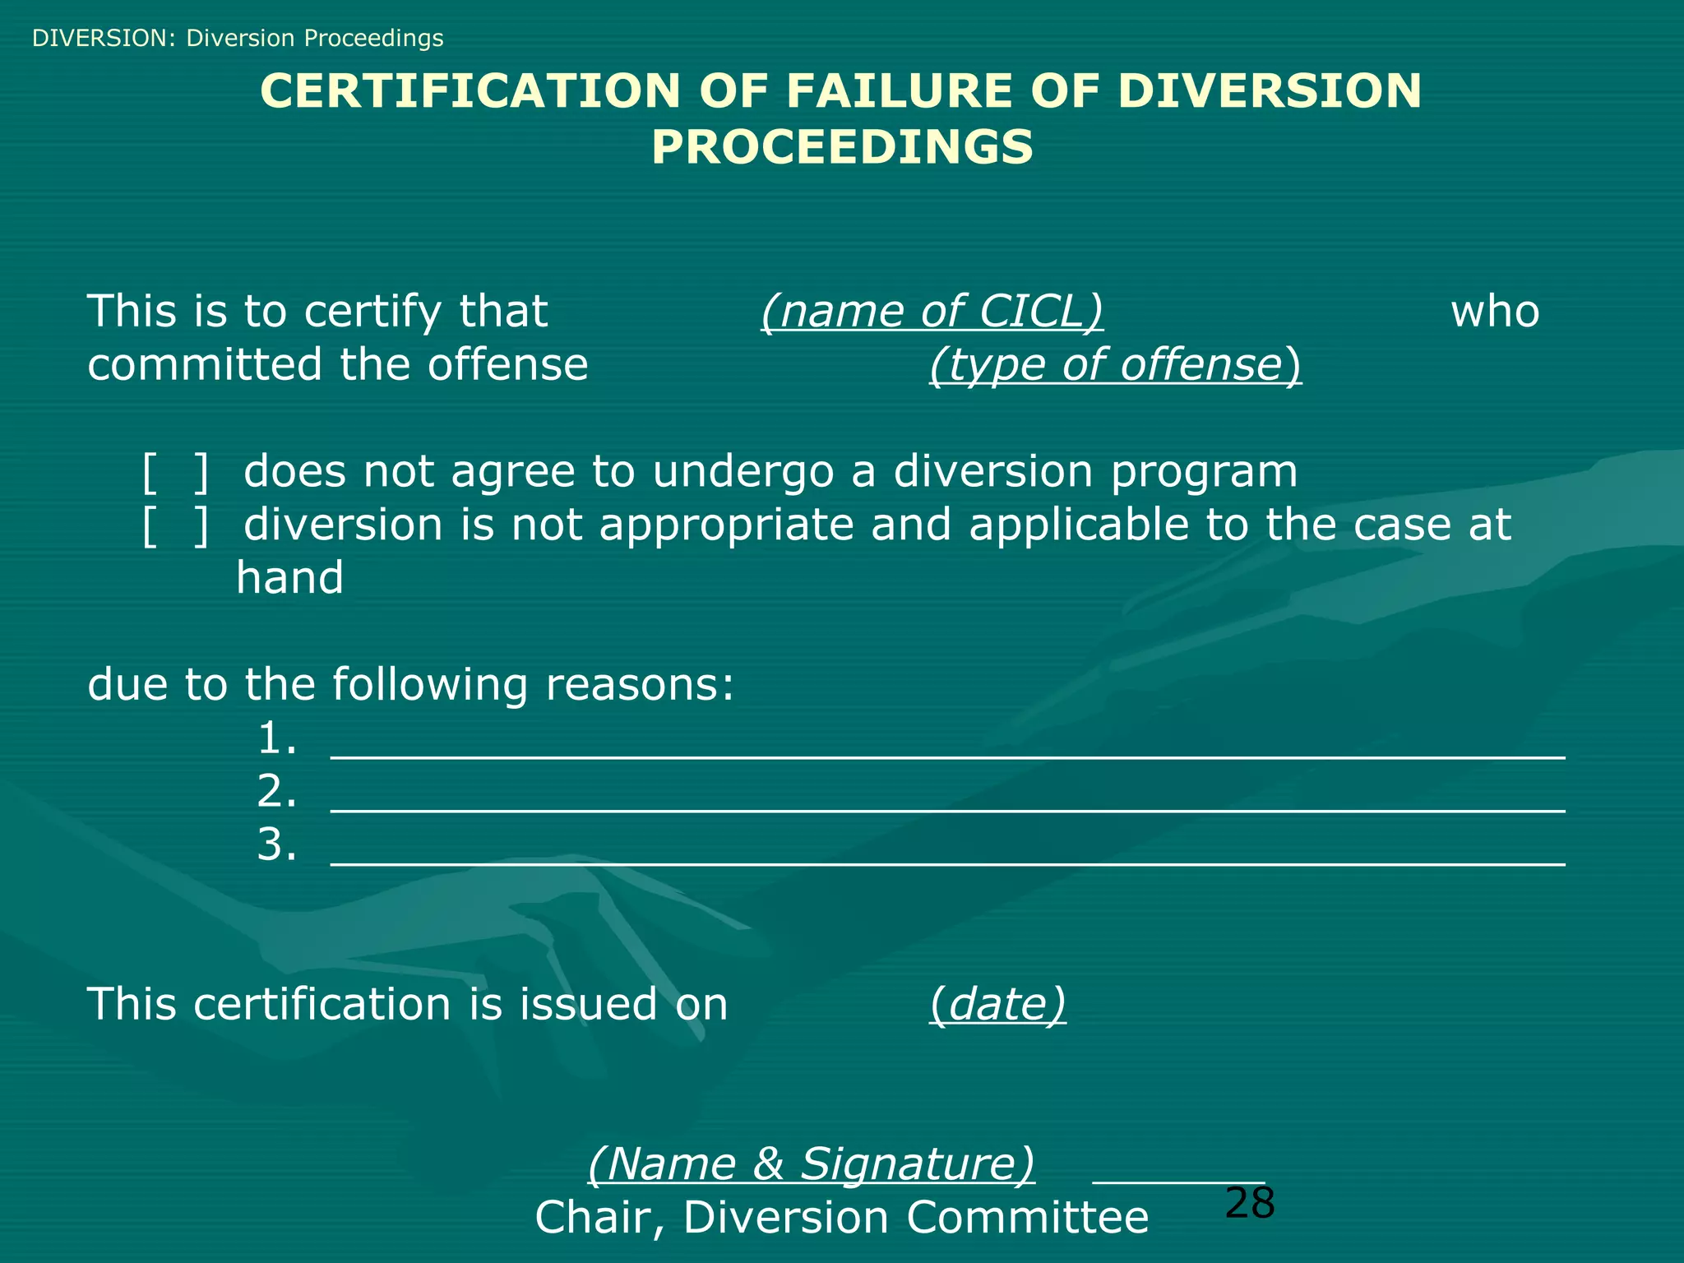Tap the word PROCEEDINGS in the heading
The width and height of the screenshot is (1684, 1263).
tap(842, 147)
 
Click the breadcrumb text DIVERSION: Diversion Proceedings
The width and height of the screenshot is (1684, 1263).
tap(238, 38)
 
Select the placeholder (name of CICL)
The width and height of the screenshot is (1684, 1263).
tap(932, 312)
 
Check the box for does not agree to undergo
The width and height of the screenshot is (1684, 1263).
tap(175, 472)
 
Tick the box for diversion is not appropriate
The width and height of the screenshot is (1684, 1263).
tap(175, 525)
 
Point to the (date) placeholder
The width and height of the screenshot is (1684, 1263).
tap(997, 1004)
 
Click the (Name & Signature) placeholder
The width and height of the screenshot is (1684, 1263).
tap(811, 1164)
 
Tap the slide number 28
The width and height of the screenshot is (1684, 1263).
tap(1249, 1203)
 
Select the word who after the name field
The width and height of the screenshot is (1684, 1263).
tap(1494, 312)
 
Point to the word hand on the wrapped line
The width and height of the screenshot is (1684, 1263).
tap(289, 577)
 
